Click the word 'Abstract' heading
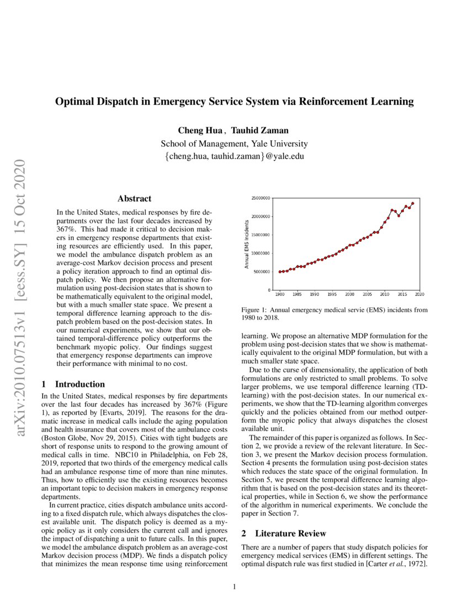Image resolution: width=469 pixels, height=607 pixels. (x=134, y=199)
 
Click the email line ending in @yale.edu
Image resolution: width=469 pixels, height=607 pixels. (x=234, y=156)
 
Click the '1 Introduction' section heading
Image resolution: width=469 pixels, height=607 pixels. (x=73, y=384)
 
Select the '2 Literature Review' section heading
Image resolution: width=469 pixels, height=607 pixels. (x=284, y=534)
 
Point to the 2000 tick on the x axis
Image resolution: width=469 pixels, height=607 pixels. (x=350, y=294)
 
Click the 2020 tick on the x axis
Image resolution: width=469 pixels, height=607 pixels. (x=419, y=294)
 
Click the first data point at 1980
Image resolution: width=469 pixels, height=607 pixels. (x=280, y=271)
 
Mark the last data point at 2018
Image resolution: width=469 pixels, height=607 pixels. (x=412, y=203)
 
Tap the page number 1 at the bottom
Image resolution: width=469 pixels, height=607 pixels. (x=234, y=586)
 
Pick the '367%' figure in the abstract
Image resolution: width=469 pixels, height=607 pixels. (x=67, y=227)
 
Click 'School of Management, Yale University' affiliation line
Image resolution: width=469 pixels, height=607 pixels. (x=234, y=143)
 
